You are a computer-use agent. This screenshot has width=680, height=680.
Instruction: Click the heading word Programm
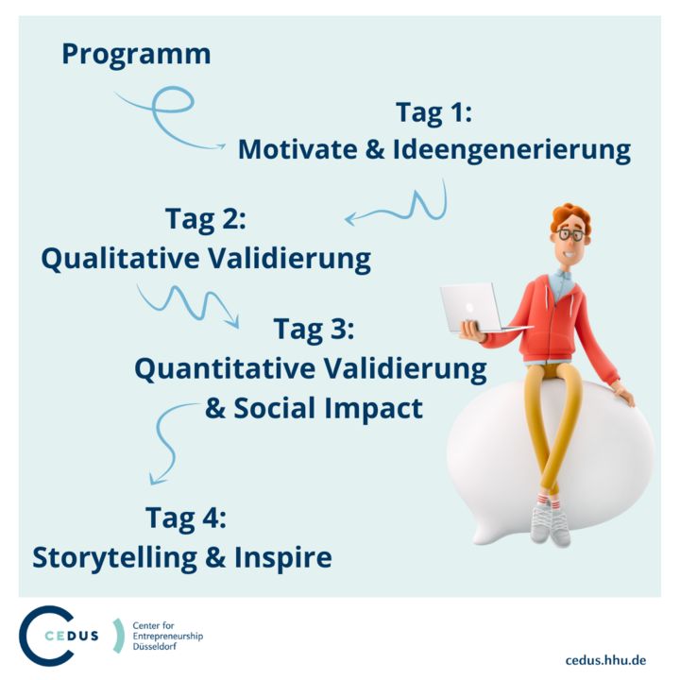click(136, 54)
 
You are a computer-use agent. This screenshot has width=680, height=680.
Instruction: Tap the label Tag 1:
click(433, 114)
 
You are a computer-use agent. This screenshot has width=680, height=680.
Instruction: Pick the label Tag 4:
click(186, 518)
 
